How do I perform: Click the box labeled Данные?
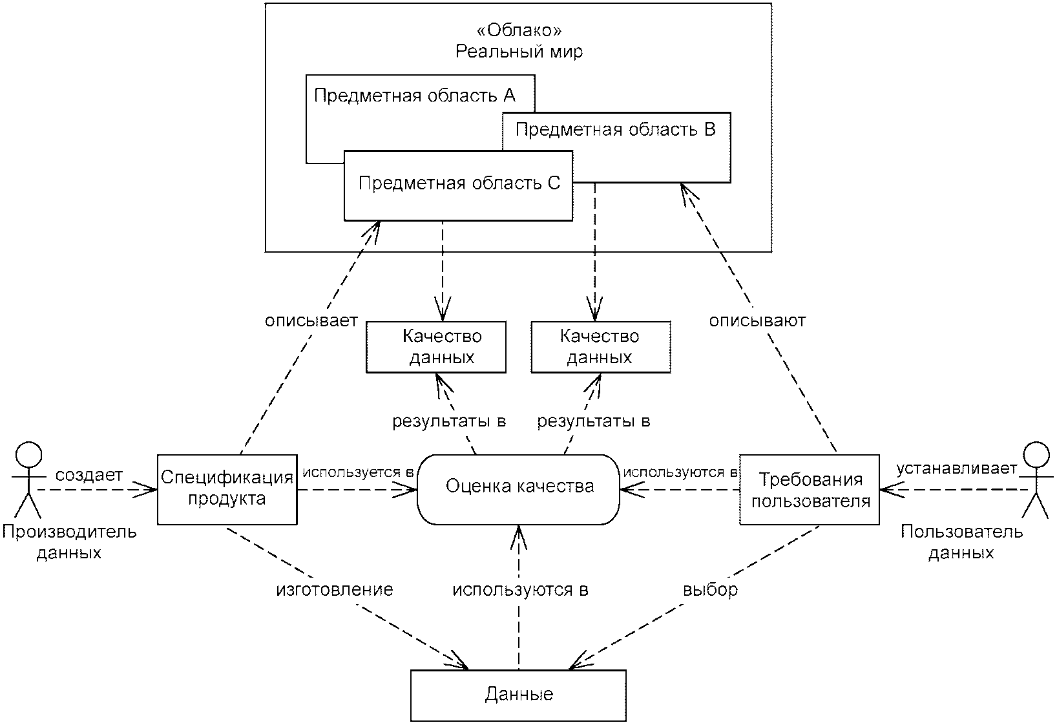click(518, 695)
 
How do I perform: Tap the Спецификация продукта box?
click(227, 489)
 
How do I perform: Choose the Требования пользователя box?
click(809, 490)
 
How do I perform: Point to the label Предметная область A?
click(414, 96)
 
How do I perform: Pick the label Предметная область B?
click(615, 130)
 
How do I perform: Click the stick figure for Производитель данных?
click(27, 481)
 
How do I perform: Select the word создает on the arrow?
click(89, 476)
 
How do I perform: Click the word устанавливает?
click(956, 468)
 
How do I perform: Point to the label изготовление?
click(335, 590)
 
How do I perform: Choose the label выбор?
click(710, 590)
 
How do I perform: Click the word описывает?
click(311, 320)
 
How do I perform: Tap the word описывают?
click(757, 320)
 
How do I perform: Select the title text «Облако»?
click(518, 31)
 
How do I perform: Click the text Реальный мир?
click(519, 52)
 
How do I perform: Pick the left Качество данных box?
click(436, 347)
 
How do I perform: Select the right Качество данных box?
click(600, 347)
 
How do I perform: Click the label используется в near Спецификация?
click(357, 472)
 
